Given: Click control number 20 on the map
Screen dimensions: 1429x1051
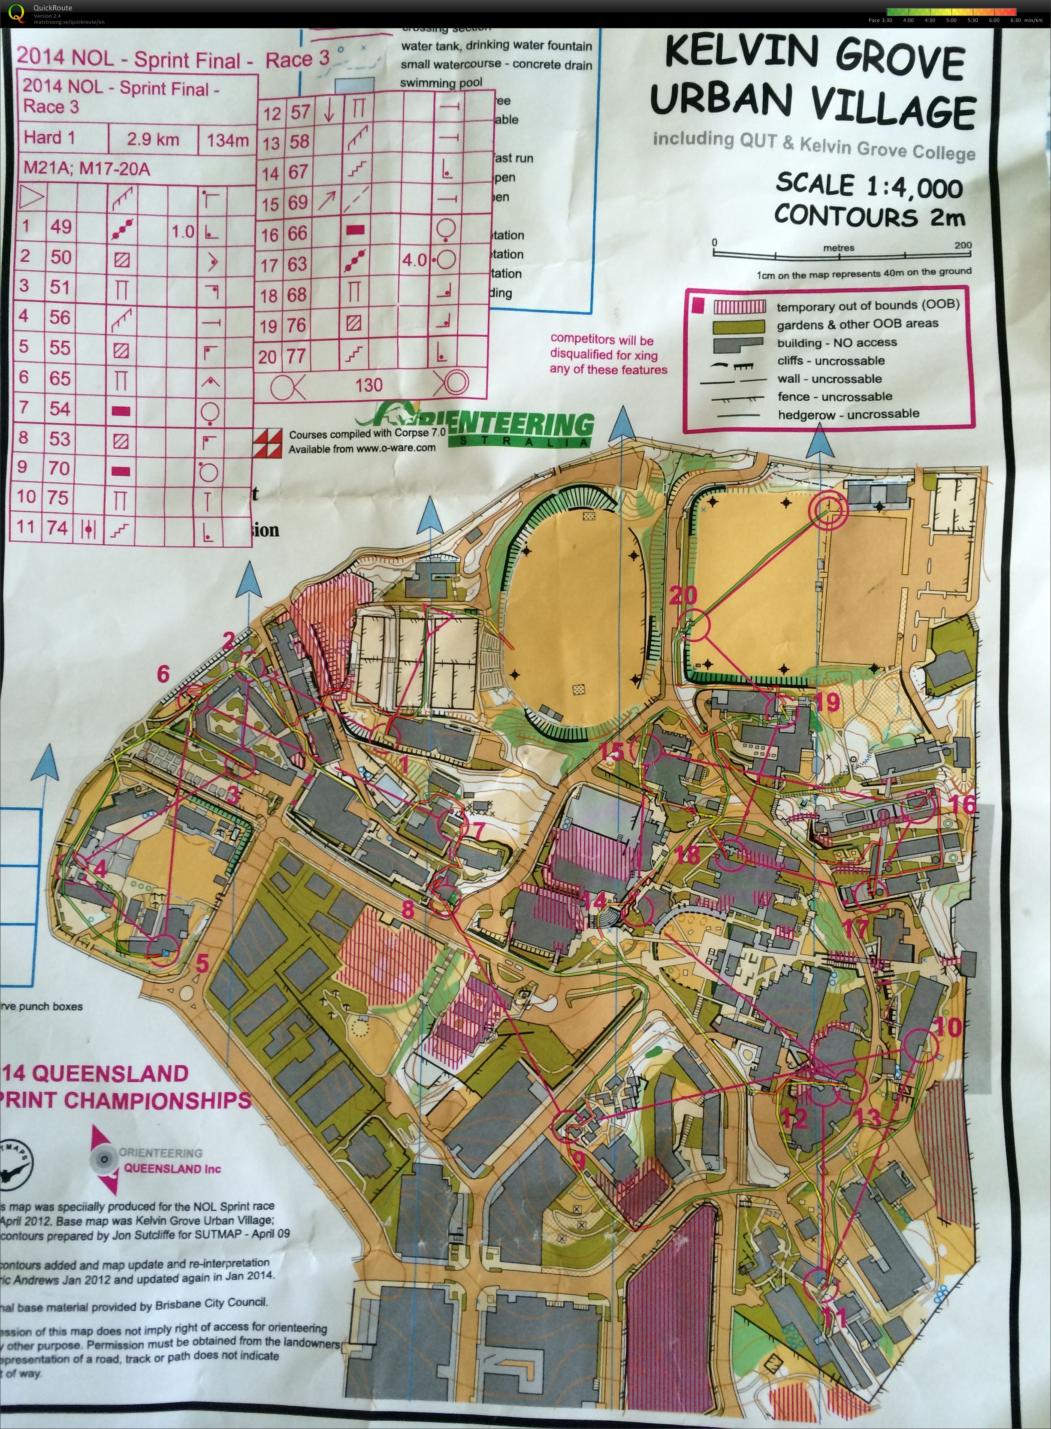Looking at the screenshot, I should pyautogui.click(x=683, y=595).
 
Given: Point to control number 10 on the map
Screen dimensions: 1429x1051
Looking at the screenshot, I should pyautogui.click(x=947, y=1026).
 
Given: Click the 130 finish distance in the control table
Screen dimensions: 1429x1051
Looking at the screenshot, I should pyautogui.click(x=369, y=384).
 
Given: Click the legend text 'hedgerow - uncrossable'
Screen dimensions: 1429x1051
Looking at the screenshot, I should pyautogui.click(x=848, y=414).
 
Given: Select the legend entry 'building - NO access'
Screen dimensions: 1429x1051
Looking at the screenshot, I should pyautogui.click(x=837, y=343).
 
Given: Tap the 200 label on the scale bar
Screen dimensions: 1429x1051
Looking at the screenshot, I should pyautogui.click(x=963, y=245).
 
